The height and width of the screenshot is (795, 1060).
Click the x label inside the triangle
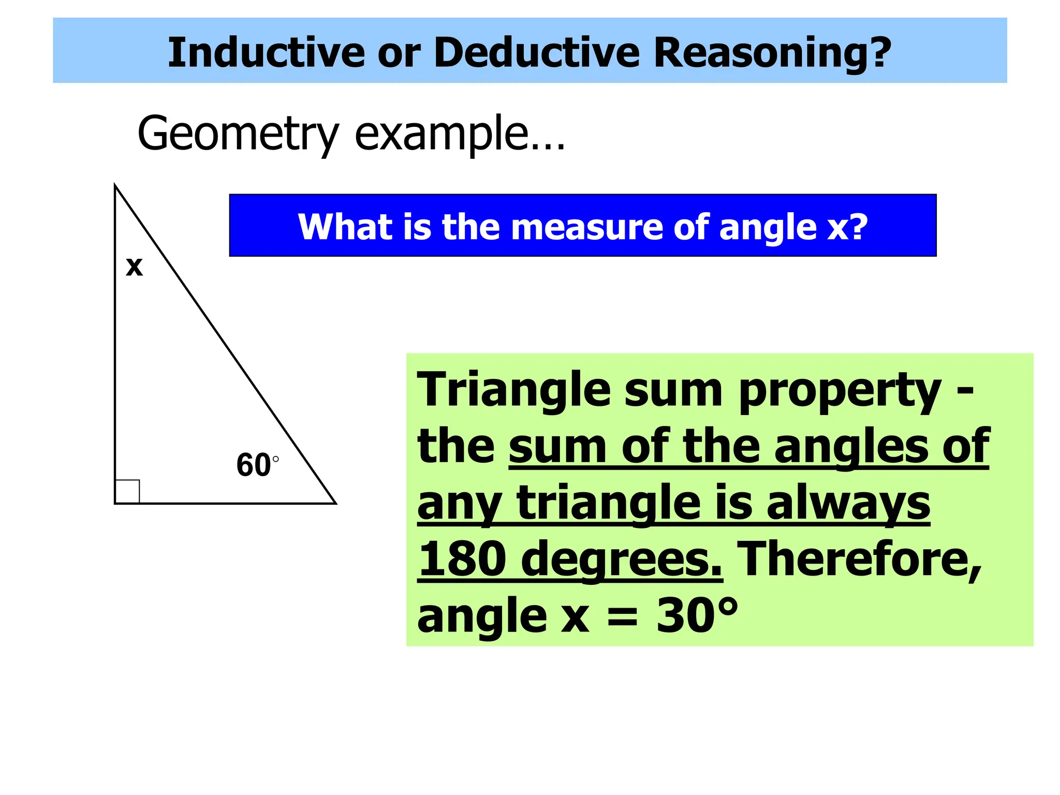(134, 267)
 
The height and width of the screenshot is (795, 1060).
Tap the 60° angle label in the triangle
(257, 464)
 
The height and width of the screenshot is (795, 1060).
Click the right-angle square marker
(127, 491)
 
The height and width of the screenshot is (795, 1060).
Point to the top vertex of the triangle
(115, 185)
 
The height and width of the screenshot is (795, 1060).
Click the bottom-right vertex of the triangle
(335, 503)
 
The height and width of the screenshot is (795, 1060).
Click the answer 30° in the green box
(697, 615)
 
